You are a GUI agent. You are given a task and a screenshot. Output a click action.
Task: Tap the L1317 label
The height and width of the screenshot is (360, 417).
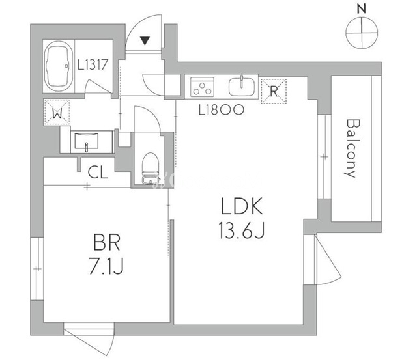point(96,64)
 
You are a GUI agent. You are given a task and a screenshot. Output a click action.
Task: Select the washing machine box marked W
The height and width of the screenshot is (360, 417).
point(57,111)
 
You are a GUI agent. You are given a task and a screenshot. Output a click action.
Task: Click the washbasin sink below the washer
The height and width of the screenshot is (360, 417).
point(86,141)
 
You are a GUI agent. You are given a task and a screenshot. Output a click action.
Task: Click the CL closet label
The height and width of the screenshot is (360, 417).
point(98,173)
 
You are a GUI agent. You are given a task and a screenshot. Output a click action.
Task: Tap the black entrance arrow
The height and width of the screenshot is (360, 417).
point(146,42)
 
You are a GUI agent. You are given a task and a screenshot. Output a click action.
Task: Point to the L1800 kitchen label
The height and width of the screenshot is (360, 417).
point(221,110)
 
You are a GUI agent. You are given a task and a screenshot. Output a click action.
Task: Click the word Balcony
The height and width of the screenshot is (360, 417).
point(351,148)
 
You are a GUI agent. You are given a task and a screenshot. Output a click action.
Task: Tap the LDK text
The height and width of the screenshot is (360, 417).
point(240,208)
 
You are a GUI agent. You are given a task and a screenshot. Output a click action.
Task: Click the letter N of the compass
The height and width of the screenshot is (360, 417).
point(362,8)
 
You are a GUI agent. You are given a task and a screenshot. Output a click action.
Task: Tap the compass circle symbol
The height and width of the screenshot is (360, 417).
point(362,33)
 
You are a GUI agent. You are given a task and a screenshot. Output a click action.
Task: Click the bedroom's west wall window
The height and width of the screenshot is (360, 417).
point(38,268)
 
